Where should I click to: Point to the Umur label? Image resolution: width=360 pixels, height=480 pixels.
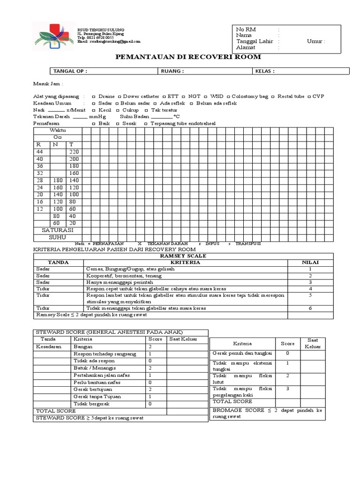click(315, 41)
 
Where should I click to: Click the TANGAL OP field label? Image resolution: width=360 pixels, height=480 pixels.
click(70, 71)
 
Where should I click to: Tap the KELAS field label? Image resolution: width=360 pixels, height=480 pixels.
click(264, 71)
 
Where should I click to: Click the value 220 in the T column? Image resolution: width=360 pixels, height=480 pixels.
click(74, 152)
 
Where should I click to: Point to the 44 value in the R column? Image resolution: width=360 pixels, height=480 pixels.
click(39, 152)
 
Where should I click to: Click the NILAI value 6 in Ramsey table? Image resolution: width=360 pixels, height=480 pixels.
click(310, 308)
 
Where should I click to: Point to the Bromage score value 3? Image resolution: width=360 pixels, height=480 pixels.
click(287, 389)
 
